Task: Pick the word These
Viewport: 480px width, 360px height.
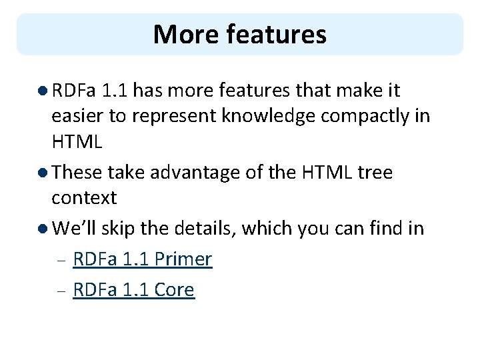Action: coord(77,173)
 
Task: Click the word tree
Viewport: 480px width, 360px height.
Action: coord(375,173)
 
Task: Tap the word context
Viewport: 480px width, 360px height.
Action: coord(84,198)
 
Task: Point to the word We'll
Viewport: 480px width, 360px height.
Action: coord(74,229)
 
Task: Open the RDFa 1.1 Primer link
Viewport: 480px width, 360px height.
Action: coord(142,259)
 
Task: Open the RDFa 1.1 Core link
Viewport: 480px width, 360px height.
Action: coord(133,290)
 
